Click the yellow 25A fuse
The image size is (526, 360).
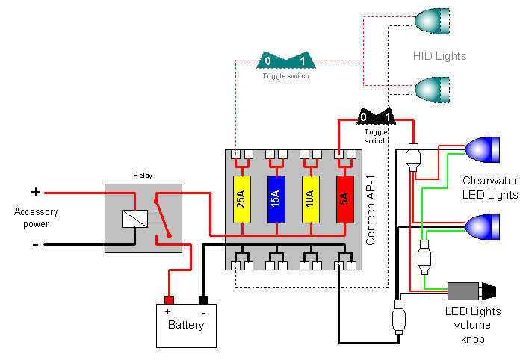[x=242, y=199]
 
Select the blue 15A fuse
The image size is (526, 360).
[x=276, y=199]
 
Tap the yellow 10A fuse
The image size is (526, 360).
[x=310, y=199]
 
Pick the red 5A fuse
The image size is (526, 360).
[x=344, y=199]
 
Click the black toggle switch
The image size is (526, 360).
[x=376, y=117]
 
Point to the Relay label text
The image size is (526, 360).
[x=142, y=176]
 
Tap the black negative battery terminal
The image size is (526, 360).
[x=203, y=300]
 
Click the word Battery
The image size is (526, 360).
[x=186, y=325]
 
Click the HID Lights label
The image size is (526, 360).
[x=439, y=56]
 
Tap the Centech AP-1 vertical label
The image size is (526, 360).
[x=371, y=207]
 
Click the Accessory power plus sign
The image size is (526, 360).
[x=35, y=192]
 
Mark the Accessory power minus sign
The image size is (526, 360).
[x=35, y=243]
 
